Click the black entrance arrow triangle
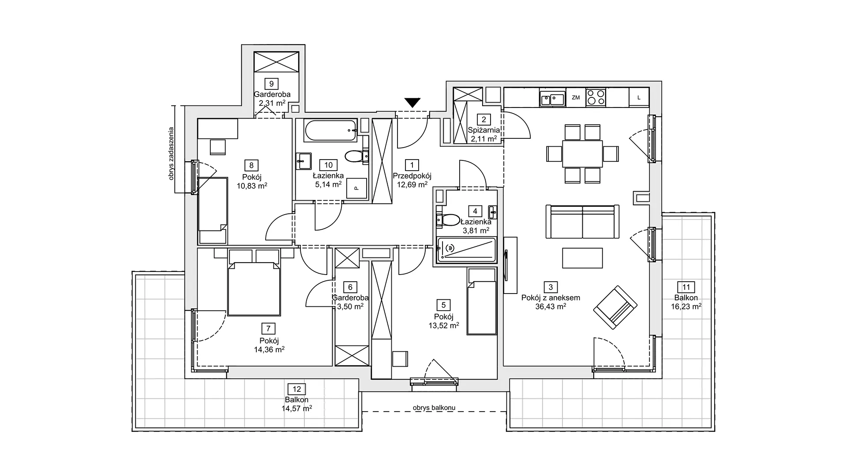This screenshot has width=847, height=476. click(x=412, y=103)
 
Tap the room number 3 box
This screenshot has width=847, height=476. click(x=551, y=287)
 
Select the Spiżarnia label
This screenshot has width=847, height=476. click(x=484, y=130)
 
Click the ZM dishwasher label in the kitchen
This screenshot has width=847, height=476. click(x=576, y=98)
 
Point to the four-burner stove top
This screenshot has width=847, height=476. click(x=596, y=97)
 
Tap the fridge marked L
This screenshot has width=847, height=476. click(x=639, y=97)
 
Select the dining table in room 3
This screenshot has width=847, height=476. click(x=582, y=154)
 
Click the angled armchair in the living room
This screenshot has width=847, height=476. click(x=615, y=307)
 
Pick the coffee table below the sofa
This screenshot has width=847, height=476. click(x=582, y=258)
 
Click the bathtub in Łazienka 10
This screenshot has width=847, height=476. click(x=330, y=131)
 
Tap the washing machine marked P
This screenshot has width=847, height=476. click(x=356, y=188)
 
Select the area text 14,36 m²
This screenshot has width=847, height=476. click(x=269, y=350)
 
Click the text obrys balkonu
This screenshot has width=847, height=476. click(x=434, y=408)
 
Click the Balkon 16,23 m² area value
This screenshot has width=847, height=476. click(x=686, y=306)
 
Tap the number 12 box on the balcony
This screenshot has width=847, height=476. click(x=296, y=389)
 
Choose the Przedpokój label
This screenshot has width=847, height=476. click(x=412, y=176)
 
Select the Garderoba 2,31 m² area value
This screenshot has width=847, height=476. click(x=272, y=103)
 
